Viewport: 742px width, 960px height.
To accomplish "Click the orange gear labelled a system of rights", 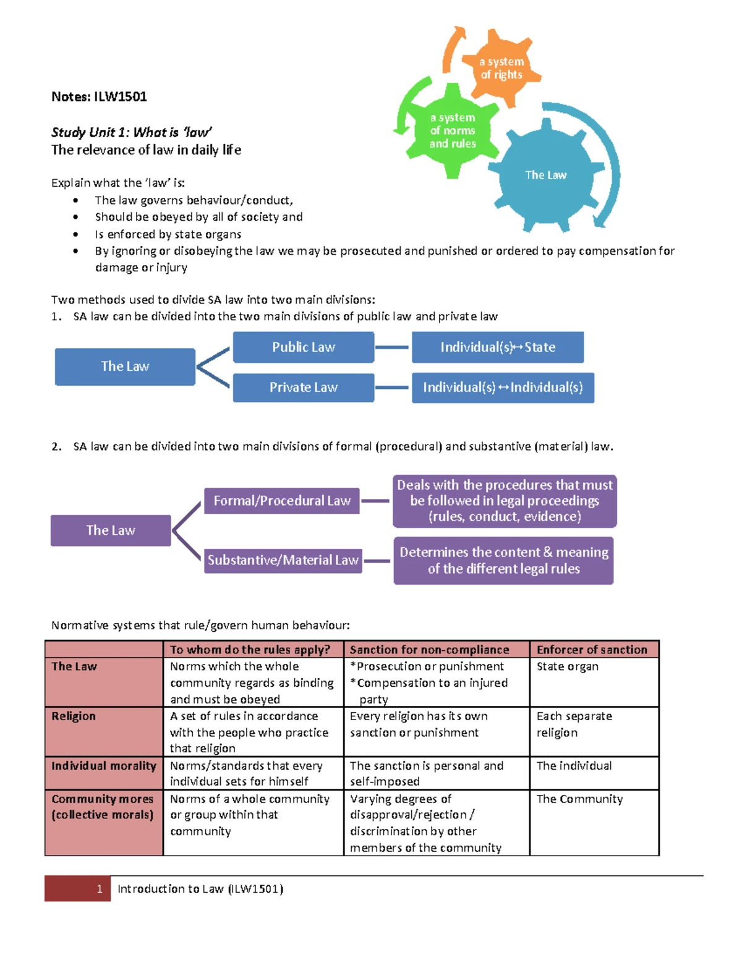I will coord(501,69).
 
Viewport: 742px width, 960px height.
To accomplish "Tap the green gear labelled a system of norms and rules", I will coord(453,130).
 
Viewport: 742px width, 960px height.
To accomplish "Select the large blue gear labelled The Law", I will coord(545,176).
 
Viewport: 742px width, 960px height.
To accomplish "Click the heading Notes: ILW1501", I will coord(99,96).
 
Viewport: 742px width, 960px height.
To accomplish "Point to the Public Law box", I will coord(303,347).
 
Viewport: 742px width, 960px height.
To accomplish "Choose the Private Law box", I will coord(303,388).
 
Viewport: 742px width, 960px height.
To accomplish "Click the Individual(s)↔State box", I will coord(498,347).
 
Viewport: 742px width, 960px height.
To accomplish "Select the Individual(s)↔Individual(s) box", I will coord(503,388).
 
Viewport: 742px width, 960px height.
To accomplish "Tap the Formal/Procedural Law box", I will coord(282,501).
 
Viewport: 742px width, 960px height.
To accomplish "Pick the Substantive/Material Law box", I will coord(283,560).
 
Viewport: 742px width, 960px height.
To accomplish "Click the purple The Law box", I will coord(111,530).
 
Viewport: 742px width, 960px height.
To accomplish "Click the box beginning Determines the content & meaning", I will coord(503,560).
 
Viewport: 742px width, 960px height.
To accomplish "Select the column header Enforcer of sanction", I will coord(592,650).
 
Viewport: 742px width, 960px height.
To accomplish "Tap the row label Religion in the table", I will coord(74,716).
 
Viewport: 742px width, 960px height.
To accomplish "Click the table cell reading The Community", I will coord(579,799).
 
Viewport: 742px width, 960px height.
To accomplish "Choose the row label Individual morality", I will coord(103,766).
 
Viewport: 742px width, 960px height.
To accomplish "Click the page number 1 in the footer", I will coord(100,889).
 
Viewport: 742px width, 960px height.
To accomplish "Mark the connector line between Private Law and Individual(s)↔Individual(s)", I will coord(392,388).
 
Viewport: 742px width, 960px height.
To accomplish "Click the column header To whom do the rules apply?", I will coord(250,650).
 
